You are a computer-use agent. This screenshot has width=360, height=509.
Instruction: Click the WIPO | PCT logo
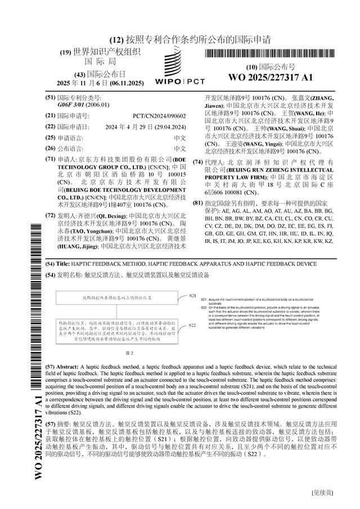pyautogui.click(x=180, y=66)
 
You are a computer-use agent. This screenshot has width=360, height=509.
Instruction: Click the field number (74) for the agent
pyautogui.click(x=197, y=162)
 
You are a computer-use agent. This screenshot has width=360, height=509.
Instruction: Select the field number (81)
pyautogui.click(x=197, y=202)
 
